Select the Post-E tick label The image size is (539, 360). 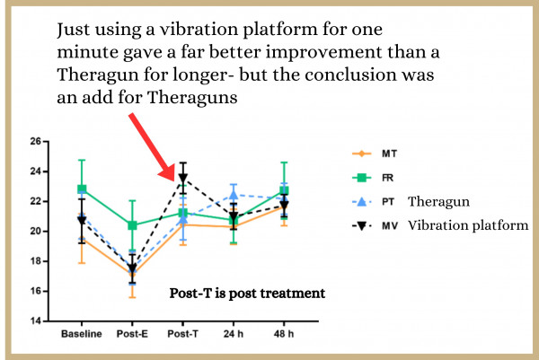132,336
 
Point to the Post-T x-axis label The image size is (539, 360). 183,336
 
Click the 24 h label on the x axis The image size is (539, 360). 234,336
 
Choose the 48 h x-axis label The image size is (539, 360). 284,336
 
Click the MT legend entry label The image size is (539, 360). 391,154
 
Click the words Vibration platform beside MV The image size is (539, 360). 468,225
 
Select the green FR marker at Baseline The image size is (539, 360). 82,189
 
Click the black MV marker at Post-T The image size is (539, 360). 183,178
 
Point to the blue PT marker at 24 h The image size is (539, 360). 234,195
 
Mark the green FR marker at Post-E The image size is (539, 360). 132,225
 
